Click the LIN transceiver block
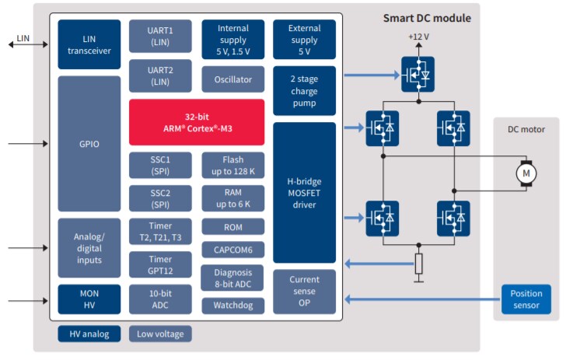(x=89, y=44)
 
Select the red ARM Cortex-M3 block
(x=197, y=121)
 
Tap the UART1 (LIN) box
(x=160, y=36)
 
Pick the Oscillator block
(x=232, y=79)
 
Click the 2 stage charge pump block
(x=304, y=90)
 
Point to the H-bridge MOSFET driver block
(x=304, y=192)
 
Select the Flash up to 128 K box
(x=232, y=164)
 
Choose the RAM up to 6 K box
(x=232, y=197)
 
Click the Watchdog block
(x=232, y=306)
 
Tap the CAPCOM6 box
(x=232, y=250)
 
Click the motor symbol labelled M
(x=526, y=172)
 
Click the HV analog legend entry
(x=89, y=334)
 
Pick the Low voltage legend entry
(x=160, y=334)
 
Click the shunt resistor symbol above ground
(x=418, y=264)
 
